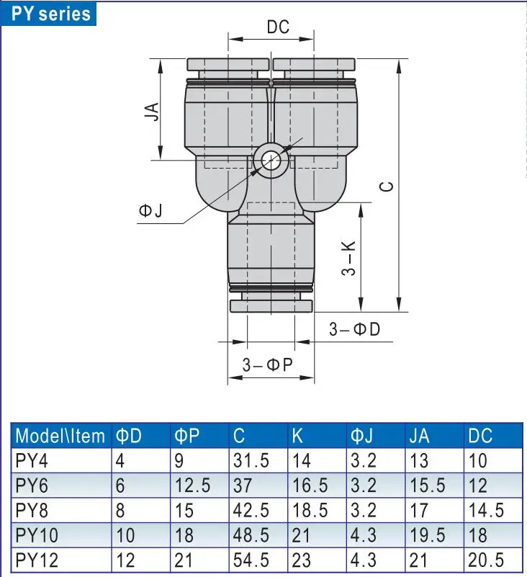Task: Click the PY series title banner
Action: (x=48, y=14)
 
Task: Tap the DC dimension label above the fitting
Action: (x=278, y=27)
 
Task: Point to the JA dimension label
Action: (x=151, y=112)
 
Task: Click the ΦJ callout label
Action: (x=150, y=210)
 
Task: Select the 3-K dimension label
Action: (x=348, y=259)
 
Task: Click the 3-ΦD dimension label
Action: (x=354, y=329)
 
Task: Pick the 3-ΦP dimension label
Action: (x=268, y=364)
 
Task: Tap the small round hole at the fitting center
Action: (x=271, y=161)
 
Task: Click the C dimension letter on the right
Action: (x=387, y=186)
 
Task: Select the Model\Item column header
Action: (x=60, y=436)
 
